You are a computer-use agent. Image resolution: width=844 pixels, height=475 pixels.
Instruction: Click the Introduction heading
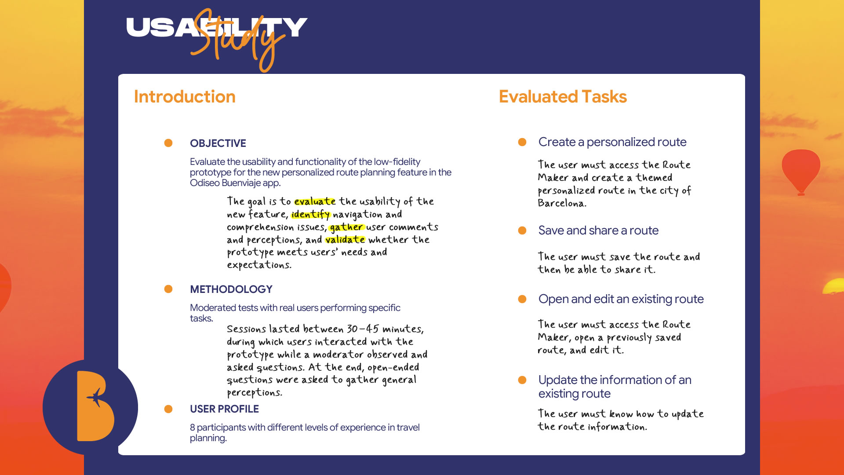pyautogui.click(x=185, y=97)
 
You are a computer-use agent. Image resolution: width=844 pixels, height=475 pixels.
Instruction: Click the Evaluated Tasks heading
pyautogui.click(x=563, y=97)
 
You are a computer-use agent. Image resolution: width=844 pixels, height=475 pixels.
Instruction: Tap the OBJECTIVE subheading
pyautogui.click(x=218, y=143)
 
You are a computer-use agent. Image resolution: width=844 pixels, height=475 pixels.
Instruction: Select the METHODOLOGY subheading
pyautogui.click(x=231, y=289)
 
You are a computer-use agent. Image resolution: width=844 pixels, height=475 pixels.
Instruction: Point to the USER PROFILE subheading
pyautogui.click(x=224, y=409)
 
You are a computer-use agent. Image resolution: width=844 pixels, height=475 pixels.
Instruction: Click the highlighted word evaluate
pyautogui.click(x=315, y=201)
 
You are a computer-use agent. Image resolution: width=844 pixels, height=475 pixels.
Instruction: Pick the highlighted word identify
pyautogui.click(x=310, y=215)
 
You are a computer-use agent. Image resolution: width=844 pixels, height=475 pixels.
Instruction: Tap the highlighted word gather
pyautogui.click(x=346, y=227)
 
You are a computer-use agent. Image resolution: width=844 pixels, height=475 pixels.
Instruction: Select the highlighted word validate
pyautogui.click(x=345, y=240)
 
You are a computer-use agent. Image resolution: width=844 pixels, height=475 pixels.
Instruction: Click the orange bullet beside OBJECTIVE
pyautogui.click(x=168, y=143)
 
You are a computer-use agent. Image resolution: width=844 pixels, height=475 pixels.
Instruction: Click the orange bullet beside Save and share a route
pyautogui.click(x=522, y=230)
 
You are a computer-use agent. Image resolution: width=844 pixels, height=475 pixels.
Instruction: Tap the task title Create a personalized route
pyautogui.click(x=612, y=142)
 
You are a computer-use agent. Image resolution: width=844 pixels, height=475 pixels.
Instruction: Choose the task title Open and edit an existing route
pyautogui.click(x=621, y=299)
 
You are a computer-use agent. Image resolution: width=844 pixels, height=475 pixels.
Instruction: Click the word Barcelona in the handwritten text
pyautogui.click(x=562, y=204)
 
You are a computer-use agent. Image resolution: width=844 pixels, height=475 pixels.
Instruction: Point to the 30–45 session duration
pyautogui.click(x=363, y=329)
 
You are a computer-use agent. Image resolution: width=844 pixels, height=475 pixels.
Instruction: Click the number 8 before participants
pyautogui.click(x=193, y=427)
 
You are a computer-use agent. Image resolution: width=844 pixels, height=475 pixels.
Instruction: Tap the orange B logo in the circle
pyautogui.click(x=95, y=406)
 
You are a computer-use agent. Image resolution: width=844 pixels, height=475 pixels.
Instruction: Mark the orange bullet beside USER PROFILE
pyautogui.click(x=168, y=409)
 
